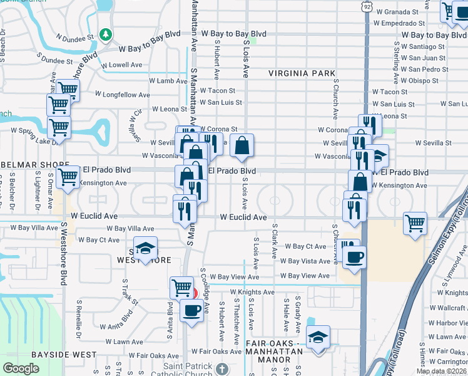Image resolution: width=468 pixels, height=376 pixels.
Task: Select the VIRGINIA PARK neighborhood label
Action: pyautogui.click(x=303, y=73)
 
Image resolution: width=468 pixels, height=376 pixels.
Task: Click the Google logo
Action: pyautogui.click(x=21, y=368)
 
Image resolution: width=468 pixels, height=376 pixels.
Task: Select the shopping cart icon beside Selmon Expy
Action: pyautogui.click(x=415, y=223)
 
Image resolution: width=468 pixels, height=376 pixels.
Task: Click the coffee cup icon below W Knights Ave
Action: pyautogui.click(x=191, y=310)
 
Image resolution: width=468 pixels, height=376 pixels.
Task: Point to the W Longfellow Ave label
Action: pyautogui.click(x=123, y=95)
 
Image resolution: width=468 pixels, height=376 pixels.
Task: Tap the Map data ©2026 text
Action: pyautogui.click(x=441, y=371)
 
